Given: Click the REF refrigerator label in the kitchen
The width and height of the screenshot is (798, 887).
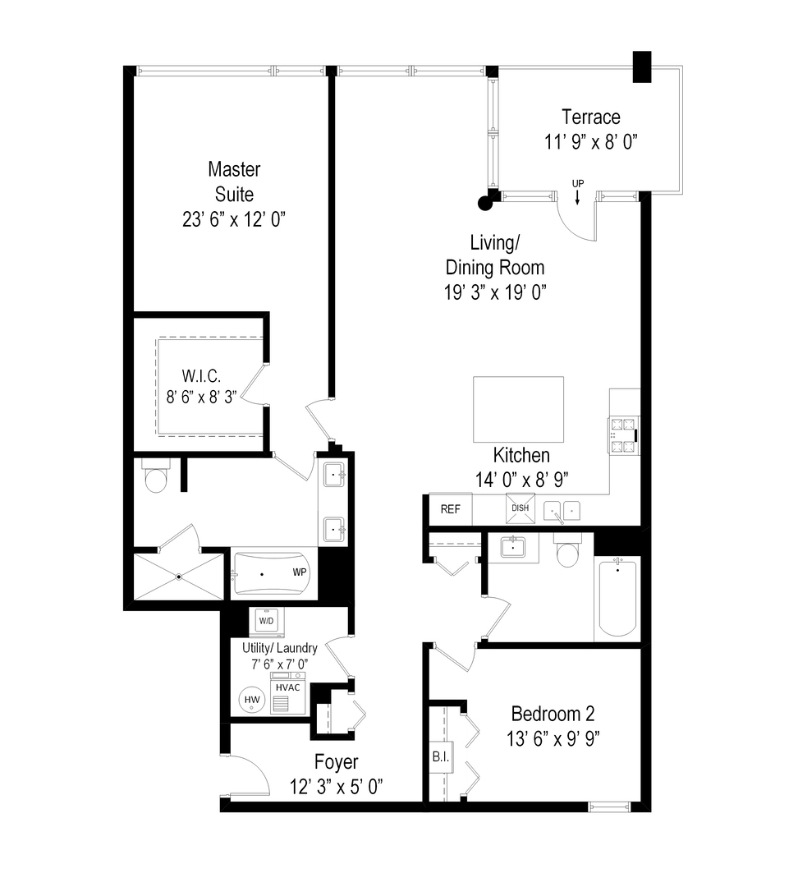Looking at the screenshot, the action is click(x=450, y=509).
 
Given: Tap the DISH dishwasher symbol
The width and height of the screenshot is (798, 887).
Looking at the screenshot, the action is click(x=521, y=508).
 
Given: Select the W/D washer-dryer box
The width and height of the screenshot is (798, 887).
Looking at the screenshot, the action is click(x=266, y=621).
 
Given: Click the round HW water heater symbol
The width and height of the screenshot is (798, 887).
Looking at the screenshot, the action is click(x=252, y=700).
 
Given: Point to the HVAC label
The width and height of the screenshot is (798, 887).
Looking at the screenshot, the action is click(x=288, y=687).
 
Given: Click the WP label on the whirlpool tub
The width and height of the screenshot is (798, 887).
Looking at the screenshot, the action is click(x=300, y=572).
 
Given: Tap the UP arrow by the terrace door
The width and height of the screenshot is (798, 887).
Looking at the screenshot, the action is click(x=577, y=193).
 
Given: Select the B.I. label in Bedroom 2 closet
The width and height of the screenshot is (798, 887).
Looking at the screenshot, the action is click(x=441, y=756).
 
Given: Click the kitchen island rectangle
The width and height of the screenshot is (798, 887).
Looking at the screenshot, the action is click(x=519, y=409).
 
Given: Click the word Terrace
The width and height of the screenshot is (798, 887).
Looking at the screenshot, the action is click(x=591, y=117).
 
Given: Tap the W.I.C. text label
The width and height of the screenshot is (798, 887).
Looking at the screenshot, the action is click(x=201, y=375).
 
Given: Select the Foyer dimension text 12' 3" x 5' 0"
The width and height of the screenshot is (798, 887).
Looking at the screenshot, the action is click(x=337, y=786).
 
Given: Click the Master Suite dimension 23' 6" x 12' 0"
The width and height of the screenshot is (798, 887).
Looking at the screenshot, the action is click(x=234, y=219).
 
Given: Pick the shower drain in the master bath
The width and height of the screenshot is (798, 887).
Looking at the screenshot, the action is click(x=179, y=577).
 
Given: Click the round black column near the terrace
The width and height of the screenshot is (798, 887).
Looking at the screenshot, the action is click(x=484, y=203).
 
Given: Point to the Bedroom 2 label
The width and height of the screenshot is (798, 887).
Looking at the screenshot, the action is click(x=553, y=714).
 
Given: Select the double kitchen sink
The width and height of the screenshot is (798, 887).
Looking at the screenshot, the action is click(x=562, y=510).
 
